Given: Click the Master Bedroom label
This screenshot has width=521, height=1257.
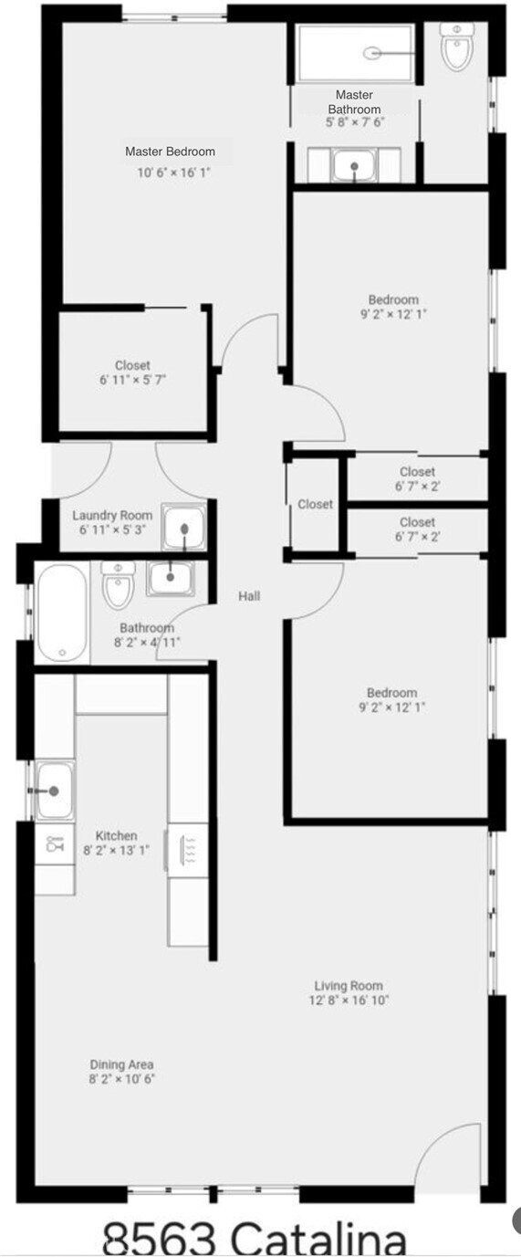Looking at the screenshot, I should (170, 152).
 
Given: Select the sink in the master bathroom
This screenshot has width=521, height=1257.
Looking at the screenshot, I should (353, 166).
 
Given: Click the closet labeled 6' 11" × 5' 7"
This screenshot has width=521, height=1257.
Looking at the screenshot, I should (132, 372).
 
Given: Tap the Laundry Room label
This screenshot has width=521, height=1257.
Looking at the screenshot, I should (112, 516).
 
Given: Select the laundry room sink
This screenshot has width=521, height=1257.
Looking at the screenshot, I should (183, 529).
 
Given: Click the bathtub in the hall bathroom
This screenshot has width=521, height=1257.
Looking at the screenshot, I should (62, 612).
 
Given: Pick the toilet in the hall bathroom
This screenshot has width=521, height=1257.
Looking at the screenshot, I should (118, 587).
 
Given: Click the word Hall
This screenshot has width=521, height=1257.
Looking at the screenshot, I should (249, 596).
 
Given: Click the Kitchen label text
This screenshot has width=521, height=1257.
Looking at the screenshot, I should (117, 835).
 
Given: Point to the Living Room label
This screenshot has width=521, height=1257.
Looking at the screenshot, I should (349, 986).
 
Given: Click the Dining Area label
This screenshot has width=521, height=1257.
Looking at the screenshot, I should (121, 1064).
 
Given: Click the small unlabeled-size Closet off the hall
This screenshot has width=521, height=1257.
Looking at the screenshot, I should (315, 504).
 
